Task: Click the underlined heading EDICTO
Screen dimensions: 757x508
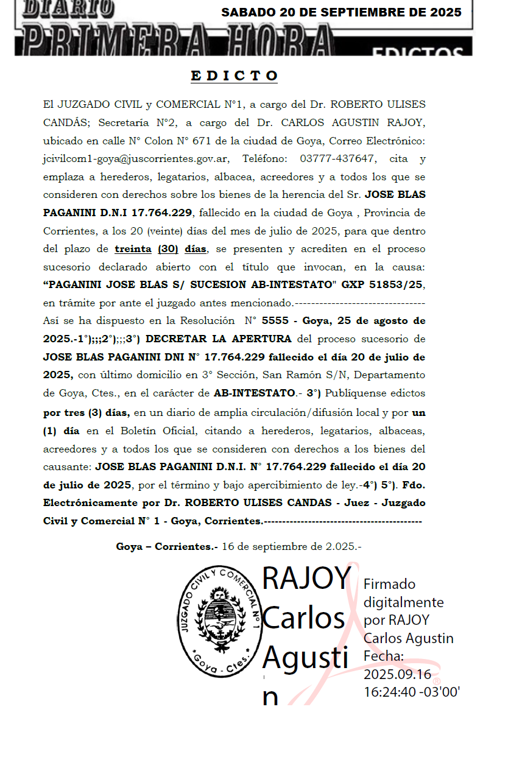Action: pos(235,76)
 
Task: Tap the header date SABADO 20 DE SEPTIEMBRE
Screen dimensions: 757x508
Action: pos(341,12)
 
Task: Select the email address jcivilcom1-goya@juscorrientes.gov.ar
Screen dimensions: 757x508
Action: pos(136,159)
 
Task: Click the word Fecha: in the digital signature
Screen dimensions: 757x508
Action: pos(384,657)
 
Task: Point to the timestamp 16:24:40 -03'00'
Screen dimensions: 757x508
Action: pos(412,692)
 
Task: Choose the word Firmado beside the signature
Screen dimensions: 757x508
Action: pos(389,584)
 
